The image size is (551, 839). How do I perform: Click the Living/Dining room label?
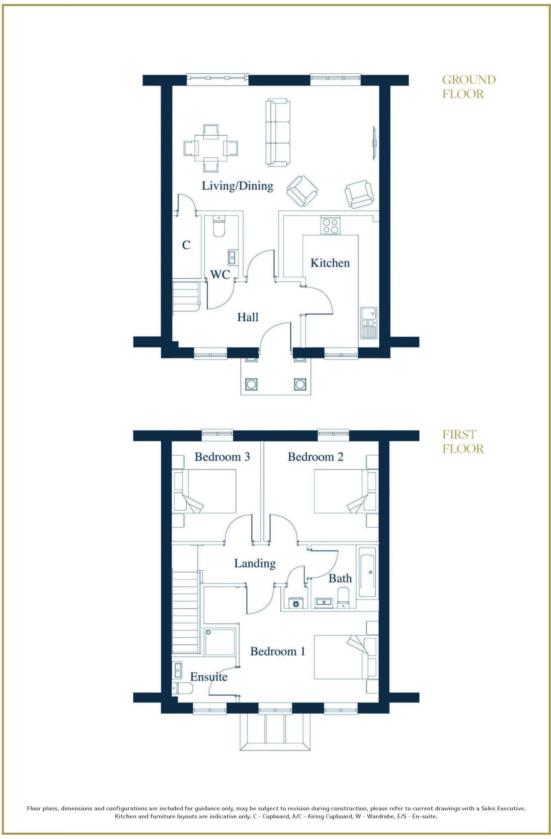tap(237, 186)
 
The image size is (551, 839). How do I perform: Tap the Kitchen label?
tap(330, 263)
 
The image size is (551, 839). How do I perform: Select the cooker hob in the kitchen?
tap(330, 226)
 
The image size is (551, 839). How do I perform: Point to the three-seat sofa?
tap(278, 133)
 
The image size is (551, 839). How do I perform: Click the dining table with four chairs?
tap(211, 148)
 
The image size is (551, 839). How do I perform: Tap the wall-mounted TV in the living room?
tap(374, 143)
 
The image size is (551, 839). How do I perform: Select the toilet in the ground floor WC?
tap(219, 227)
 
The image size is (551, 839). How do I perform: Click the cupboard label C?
tap(186, 245)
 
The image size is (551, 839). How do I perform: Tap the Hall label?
tap(248, 317)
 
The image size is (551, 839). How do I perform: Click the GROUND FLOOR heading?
tap(469, 87)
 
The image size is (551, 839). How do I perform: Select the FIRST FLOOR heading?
tap(463, 442)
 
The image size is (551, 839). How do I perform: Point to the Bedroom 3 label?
tap(222, 457)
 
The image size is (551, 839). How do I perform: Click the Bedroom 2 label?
tap(315, 457)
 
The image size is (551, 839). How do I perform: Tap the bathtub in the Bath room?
tap(367, 571)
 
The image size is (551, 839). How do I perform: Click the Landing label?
tap(255, 563)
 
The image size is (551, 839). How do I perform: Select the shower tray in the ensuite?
tap(220, 642)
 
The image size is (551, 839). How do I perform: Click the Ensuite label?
tap(209, 677)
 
